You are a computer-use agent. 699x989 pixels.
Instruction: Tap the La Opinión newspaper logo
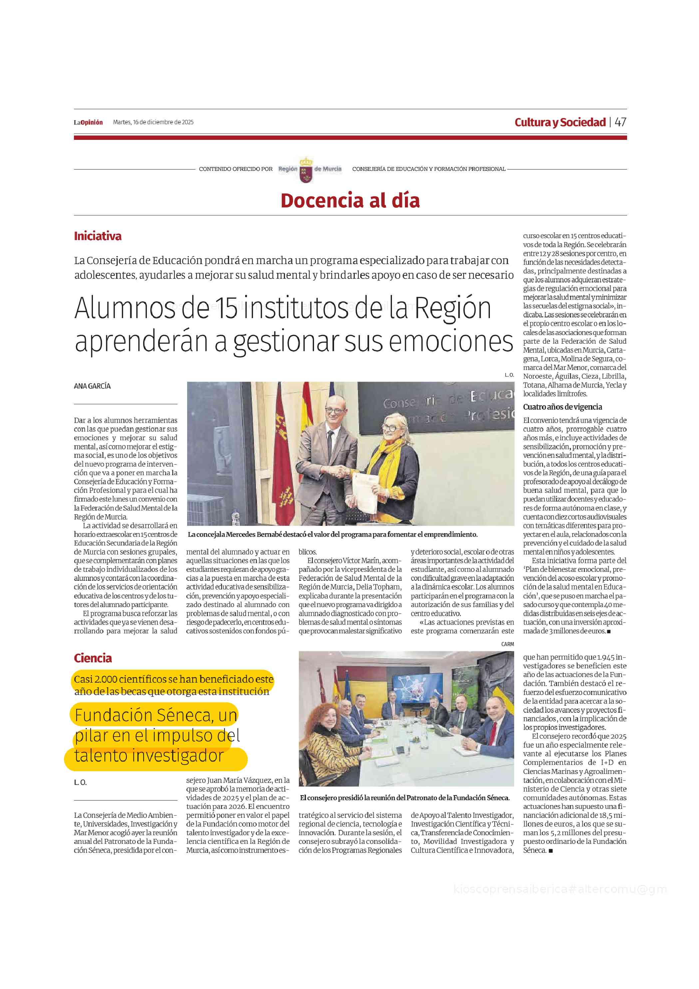(x=88, y=122)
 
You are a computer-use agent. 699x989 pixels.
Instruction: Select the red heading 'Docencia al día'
(x=350, y=201)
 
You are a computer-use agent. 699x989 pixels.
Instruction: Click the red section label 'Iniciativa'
(x=98, y=236)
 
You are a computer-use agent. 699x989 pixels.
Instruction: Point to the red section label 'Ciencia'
(x=93, y=658)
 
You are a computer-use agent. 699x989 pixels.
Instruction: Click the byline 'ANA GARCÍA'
(x=92, y=386)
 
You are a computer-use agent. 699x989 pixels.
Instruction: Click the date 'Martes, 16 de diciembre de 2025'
(x=153, y=122)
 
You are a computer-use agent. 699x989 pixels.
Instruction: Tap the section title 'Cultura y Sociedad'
(x=560, y=122)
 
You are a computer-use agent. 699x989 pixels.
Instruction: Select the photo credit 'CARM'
(x=507, y=644)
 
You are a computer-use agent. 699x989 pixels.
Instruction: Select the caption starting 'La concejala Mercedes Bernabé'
(x=332, y=534)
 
